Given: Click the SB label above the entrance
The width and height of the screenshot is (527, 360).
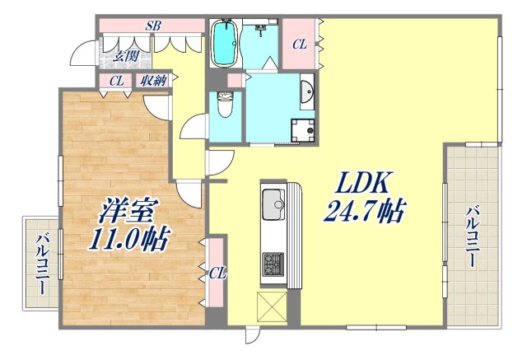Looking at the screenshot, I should point(152,26).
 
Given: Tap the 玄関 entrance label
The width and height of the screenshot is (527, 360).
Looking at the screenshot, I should point(125,57).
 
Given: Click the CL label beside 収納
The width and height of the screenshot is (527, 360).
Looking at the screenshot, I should point(116,81).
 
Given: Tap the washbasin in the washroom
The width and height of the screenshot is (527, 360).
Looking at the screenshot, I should point(308,91).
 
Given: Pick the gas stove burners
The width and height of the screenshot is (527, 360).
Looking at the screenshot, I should point(272,264).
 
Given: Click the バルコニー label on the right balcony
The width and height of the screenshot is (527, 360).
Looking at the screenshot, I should point(473,237).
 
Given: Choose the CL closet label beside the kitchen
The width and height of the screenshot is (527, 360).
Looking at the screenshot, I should point(217,272).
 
